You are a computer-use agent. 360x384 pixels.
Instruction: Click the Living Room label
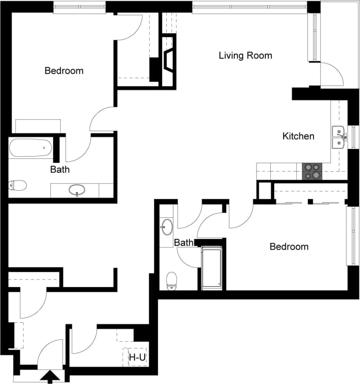[245, 55]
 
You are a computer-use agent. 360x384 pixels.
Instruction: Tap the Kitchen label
[298, 136]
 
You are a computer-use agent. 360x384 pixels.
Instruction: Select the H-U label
[137, 358]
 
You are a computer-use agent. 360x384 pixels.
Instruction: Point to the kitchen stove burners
[312, 171]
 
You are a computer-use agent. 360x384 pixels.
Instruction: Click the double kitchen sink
[338, 137]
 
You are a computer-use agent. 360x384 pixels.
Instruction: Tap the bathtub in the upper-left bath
[30, 148]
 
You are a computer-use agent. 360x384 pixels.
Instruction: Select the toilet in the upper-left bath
[18, 185]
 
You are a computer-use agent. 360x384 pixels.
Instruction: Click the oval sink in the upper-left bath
[77, 190]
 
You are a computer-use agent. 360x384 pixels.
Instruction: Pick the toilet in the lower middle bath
[171, 281]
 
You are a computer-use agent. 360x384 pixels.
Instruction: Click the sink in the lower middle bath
[167, 227]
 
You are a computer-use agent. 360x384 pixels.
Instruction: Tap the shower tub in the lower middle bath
[212, 268]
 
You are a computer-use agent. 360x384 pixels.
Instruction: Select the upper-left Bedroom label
[64, 71]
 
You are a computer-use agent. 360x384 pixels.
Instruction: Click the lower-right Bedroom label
[289, 247]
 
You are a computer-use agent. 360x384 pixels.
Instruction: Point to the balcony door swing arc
[334, 74]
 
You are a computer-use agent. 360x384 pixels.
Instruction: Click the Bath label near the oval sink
[60, 170]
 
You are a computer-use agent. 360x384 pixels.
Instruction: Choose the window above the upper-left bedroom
[80, 7]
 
